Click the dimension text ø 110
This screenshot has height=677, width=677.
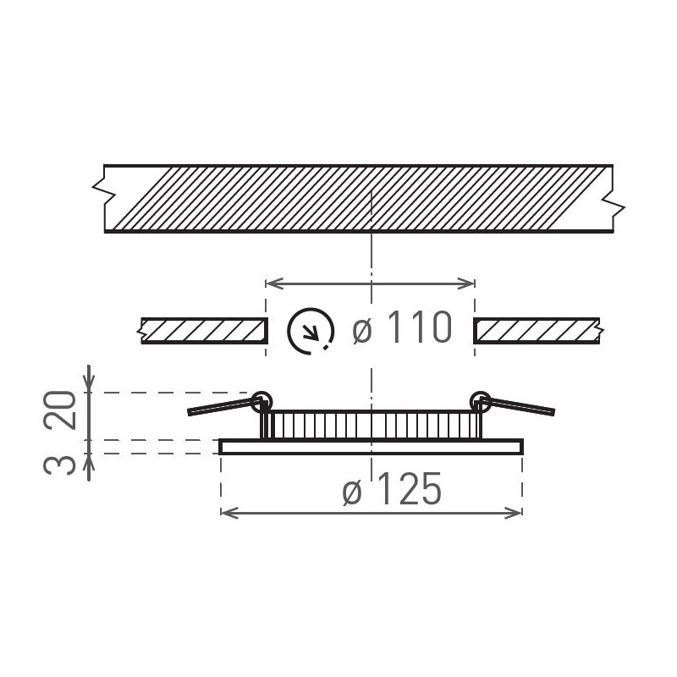coord(399,328)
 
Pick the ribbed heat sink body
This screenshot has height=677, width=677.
coord(371,424)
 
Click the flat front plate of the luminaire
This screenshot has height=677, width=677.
coord(371,447)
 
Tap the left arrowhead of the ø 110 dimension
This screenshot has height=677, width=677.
coord(271,282)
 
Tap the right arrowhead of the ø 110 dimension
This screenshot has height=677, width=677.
coord(471,282)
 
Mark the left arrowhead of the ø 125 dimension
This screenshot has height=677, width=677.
coord(226,511)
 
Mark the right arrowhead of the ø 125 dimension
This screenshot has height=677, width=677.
coord(517,511)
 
